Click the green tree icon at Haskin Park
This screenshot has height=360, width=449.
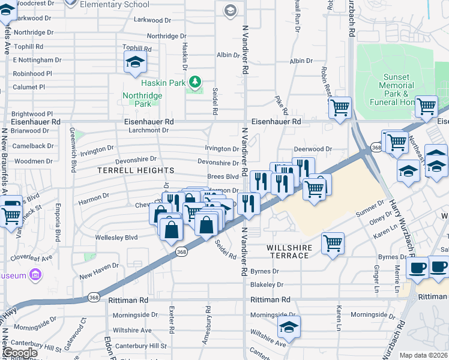194,82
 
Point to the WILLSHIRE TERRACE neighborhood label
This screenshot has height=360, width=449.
288,251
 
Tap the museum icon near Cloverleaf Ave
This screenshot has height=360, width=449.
35,275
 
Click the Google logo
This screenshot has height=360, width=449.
19,353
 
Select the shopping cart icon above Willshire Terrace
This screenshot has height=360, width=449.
333,244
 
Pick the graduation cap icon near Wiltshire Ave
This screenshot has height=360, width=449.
289,328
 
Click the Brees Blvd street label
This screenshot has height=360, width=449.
223,177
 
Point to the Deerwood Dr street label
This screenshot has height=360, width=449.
313,149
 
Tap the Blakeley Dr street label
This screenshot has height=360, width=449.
267,285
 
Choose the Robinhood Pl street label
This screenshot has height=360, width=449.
32,74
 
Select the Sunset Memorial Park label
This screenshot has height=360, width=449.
396,90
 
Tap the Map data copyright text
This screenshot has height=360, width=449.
424,355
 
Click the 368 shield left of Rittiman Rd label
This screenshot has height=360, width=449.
94,297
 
